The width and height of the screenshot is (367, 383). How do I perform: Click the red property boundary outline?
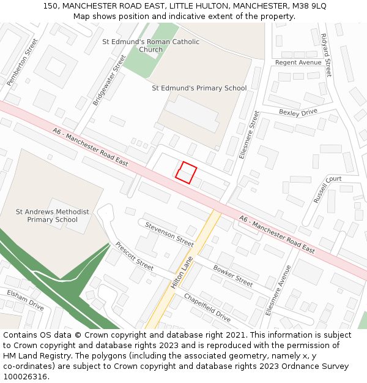tap(187, 172)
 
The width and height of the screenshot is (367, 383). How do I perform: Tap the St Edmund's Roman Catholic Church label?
tap(150, 45)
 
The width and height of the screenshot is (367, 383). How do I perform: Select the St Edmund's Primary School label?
tap(199, 88)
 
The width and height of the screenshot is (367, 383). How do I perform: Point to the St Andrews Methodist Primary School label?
tap(52, 216)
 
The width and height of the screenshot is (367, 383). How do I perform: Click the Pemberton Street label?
tap(22, 62)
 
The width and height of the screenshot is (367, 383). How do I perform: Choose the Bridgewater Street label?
tap(109, 80)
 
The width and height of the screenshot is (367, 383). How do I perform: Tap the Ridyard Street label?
tap(325, 55)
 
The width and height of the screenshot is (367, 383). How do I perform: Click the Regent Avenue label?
tap(298, 63)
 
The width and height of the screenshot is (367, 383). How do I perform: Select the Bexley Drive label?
tap(298, 112)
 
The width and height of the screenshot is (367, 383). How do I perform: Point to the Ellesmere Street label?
tap(249, 135)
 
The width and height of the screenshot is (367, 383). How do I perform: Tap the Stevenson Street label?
tap(169, 235)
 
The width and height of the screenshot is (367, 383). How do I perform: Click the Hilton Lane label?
tap(182, 273)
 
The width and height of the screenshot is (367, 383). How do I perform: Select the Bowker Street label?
tap(232, 276)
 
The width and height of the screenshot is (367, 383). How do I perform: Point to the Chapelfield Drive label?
tap(207, 308)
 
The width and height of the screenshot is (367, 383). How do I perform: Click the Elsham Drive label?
tap(25, 300)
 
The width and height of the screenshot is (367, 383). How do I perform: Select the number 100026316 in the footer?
tap(26, 376)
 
